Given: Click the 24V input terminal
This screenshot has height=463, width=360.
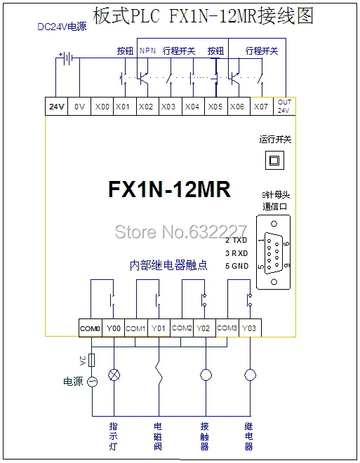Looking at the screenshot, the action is (56, 107).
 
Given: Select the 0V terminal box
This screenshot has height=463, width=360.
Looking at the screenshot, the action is (79, 107).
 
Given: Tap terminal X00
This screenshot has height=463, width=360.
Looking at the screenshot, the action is (102, 107).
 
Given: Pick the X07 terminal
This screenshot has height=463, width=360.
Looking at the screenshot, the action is (261, 107).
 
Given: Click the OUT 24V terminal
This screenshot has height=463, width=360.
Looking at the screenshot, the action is (284, 107).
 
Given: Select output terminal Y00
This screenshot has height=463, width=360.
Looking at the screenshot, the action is (114, 328).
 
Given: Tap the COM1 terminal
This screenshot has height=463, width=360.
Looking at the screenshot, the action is (136, 328).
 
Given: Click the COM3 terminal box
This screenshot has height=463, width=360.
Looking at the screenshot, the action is (227, 328).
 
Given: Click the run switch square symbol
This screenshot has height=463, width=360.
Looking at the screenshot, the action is (274, 161).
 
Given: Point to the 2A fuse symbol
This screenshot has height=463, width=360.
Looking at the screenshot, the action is (92, 360).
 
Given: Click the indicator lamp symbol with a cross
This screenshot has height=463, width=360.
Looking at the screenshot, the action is (114, 375).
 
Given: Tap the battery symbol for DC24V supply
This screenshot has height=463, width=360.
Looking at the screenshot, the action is (67, 58).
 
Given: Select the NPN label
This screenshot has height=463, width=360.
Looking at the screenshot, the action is (147, 51).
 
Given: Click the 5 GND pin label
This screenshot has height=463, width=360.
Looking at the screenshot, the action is (237, 266).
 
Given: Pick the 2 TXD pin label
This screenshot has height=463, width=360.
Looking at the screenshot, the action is (236, 240).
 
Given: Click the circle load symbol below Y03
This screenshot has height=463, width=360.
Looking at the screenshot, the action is (250, 375).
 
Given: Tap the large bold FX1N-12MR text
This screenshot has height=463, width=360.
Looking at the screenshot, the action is (170, 189).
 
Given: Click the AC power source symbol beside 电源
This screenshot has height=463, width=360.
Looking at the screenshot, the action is (92, 382).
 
